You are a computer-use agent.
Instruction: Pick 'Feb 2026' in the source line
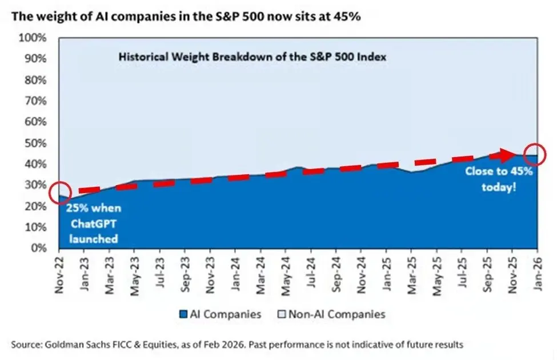(241, 345)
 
